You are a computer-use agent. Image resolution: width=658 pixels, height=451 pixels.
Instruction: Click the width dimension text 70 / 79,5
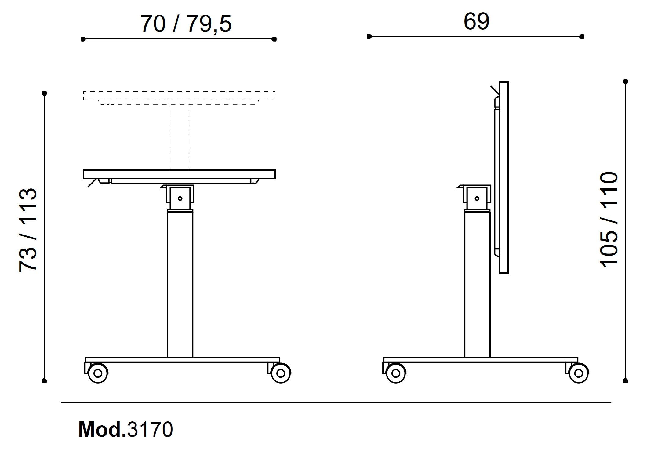click(186, 24)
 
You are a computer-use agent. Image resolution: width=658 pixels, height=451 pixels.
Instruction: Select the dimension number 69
click(476, 21)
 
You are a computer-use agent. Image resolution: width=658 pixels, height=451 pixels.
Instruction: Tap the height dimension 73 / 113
click(28, 230)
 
